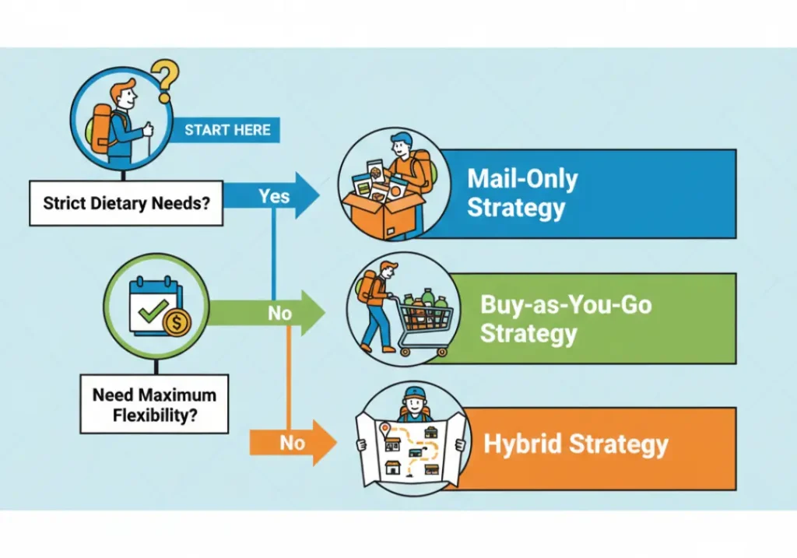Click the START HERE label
(227, 130)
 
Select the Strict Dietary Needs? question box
(126, 203)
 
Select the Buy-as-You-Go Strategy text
(565, 318)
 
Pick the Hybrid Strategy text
(576, 444)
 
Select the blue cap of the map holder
(416, 392)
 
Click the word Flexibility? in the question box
(154, 415)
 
